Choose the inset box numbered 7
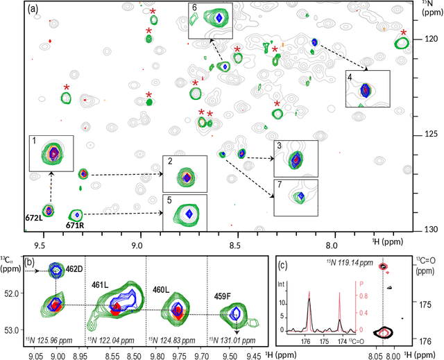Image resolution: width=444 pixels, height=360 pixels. pos(296,198)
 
